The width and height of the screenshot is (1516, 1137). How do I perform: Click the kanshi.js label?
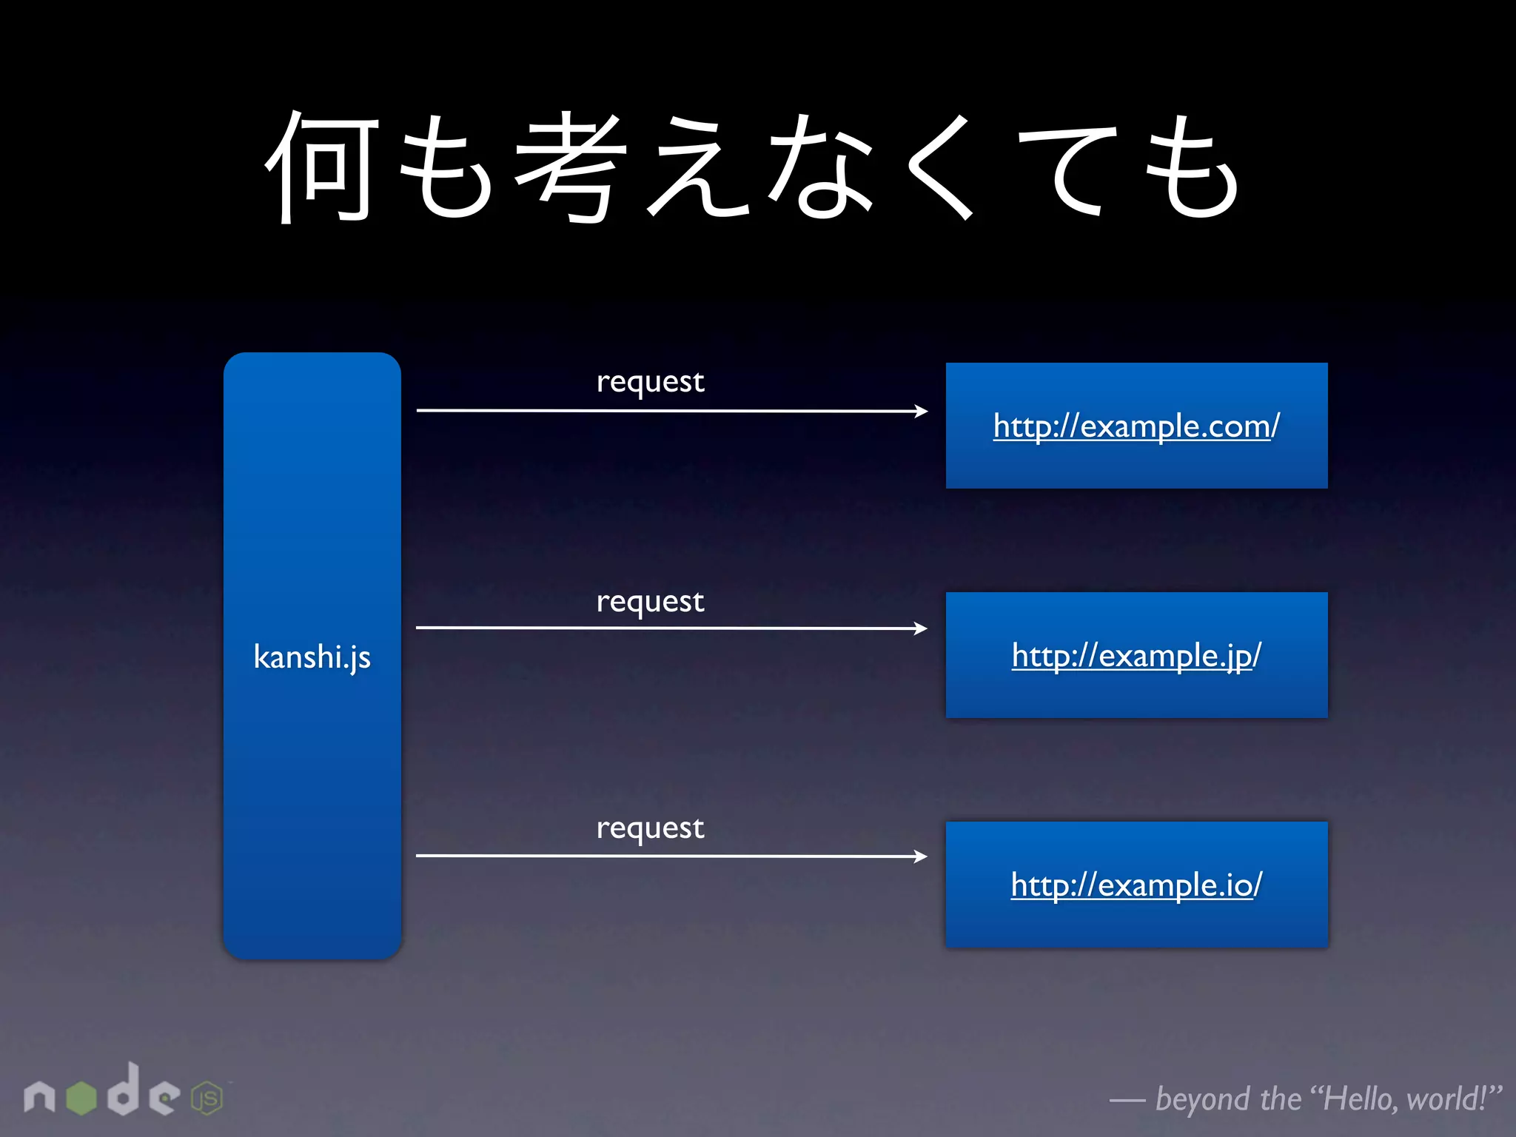312,657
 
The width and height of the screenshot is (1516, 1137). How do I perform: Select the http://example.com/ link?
1136,426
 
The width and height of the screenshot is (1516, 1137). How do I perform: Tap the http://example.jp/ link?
1136,656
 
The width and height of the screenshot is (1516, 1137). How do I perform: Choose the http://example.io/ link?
1136,885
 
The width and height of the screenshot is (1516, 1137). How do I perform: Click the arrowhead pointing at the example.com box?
921,411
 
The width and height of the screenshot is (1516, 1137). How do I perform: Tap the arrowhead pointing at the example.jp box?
920,628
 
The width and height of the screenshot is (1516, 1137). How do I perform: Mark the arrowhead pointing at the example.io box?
920,856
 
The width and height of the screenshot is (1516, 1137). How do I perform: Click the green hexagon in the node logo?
81,1098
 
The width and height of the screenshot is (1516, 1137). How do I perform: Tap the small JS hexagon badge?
207,1099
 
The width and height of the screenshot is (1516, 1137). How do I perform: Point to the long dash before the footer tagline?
1127,1101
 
